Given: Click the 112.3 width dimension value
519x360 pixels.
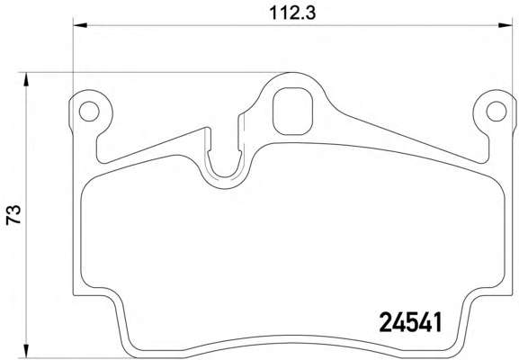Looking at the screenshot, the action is coord(292,13).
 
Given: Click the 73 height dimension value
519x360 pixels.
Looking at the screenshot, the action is coord(13,215).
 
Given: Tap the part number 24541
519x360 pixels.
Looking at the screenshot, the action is coord(410,322).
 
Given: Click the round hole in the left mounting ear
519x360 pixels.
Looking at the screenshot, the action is coord(89,112).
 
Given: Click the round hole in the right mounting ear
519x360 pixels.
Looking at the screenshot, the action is coord(497,112).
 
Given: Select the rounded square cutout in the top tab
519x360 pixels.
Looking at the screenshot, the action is coord(292,112).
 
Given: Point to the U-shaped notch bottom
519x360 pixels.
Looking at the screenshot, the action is coord(224,176).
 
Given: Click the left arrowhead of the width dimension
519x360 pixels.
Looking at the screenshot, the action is coord(80,25).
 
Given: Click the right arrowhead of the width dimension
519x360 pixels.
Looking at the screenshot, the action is coord(506,25).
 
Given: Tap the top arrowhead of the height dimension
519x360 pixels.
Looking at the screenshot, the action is coord(25,79).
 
